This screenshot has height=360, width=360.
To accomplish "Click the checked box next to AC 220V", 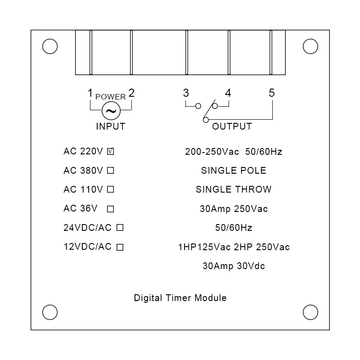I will tap(110, 152).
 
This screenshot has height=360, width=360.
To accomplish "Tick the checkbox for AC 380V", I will tap(110, 171).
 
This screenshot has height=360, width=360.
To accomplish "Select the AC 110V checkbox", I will tap(110, 189).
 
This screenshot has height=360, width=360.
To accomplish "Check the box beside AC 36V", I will tap(110, 209).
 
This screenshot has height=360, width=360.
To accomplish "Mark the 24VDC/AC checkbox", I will tap(120, 228).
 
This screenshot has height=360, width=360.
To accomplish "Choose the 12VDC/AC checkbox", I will tap(120, 247).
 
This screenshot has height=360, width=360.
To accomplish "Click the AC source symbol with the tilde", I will tap(110, 110).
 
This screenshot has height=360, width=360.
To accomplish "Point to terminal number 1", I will tap(90, 94).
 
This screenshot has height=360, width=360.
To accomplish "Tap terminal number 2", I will tap(131, 94).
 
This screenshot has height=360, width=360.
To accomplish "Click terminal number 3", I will tap(186, 94).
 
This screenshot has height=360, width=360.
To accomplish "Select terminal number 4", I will tap(228, 94).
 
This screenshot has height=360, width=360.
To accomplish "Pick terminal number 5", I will tap(272, 93).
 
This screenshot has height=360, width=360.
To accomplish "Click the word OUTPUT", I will tap(232, 126).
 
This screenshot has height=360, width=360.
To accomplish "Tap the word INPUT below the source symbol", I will tap(110, 126).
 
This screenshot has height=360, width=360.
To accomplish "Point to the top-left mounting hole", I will tap(49, 46).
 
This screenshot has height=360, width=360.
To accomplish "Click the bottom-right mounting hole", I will tap(310, 311).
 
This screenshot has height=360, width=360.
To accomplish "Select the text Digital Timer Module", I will tap(180, 298).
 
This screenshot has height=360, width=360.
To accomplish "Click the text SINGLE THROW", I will tap(234, 189).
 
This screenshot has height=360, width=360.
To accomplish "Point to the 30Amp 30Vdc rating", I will tap(234, 266).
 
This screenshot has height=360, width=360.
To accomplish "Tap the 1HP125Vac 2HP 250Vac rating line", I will tap(234, 247).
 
